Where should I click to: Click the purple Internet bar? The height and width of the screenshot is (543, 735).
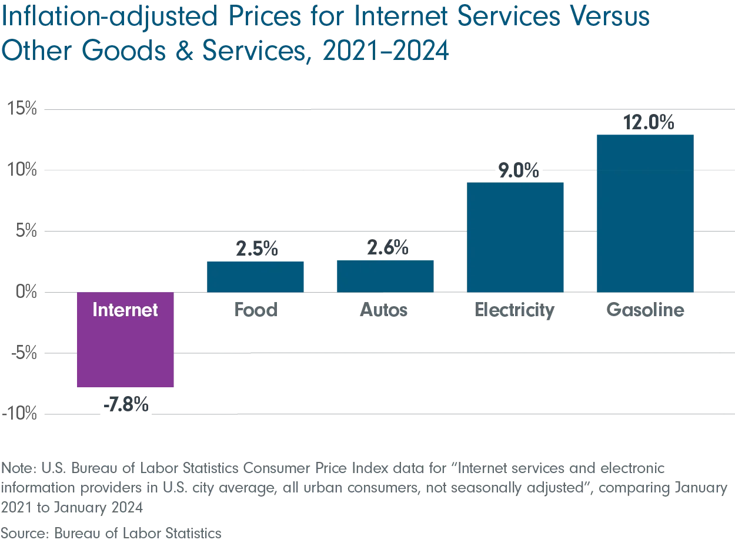pos(125,353)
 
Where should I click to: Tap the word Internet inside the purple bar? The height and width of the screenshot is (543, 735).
pos(125,310)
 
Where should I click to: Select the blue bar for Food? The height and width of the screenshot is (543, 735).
pos(256,276)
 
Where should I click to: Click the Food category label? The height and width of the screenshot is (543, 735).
pos(256,310)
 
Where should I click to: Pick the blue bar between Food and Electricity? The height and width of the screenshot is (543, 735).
pos(385,276)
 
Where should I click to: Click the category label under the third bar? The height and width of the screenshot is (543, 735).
pos(383,310)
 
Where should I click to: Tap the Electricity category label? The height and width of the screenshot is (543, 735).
pos(514,311)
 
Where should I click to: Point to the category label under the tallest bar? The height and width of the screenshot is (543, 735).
pos(646,310)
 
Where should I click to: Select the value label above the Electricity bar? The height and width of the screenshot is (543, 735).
pos(519,170)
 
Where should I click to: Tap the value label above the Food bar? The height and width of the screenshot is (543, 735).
pos(256,249)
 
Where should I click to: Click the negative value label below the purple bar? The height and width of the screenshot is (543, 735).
pos(127,404)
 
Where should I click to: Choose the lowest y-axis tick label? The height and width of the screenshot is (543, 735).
pos(19,415)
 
